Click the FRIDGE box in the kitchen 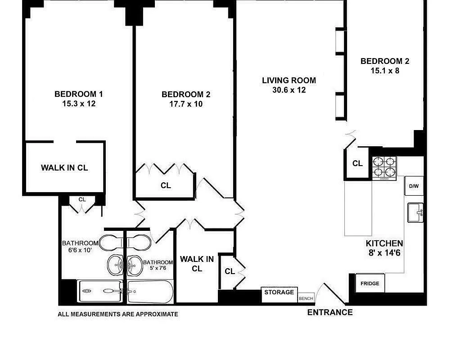370,283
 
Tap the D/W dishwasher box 414,186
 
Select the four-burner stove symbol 384,167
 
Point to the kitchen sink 415,212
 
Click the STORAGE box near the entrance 279,293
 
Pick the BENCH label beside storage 306,298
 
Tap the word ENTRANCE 330,312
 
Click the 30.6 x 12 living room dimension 289,90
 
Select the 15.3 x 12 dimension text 79,103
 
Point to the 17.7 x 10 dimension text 186,104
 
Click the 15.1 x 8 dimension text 385,71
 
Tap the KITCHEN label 384,243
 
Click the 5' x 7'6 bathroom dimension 158,269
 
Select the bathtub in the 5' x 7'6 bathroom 150,292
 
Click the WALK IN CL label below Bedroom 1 64,168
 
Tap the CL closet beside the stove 357,164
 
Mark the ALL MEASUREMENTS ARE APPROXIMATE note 118,315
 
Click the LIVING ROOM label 289,81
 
